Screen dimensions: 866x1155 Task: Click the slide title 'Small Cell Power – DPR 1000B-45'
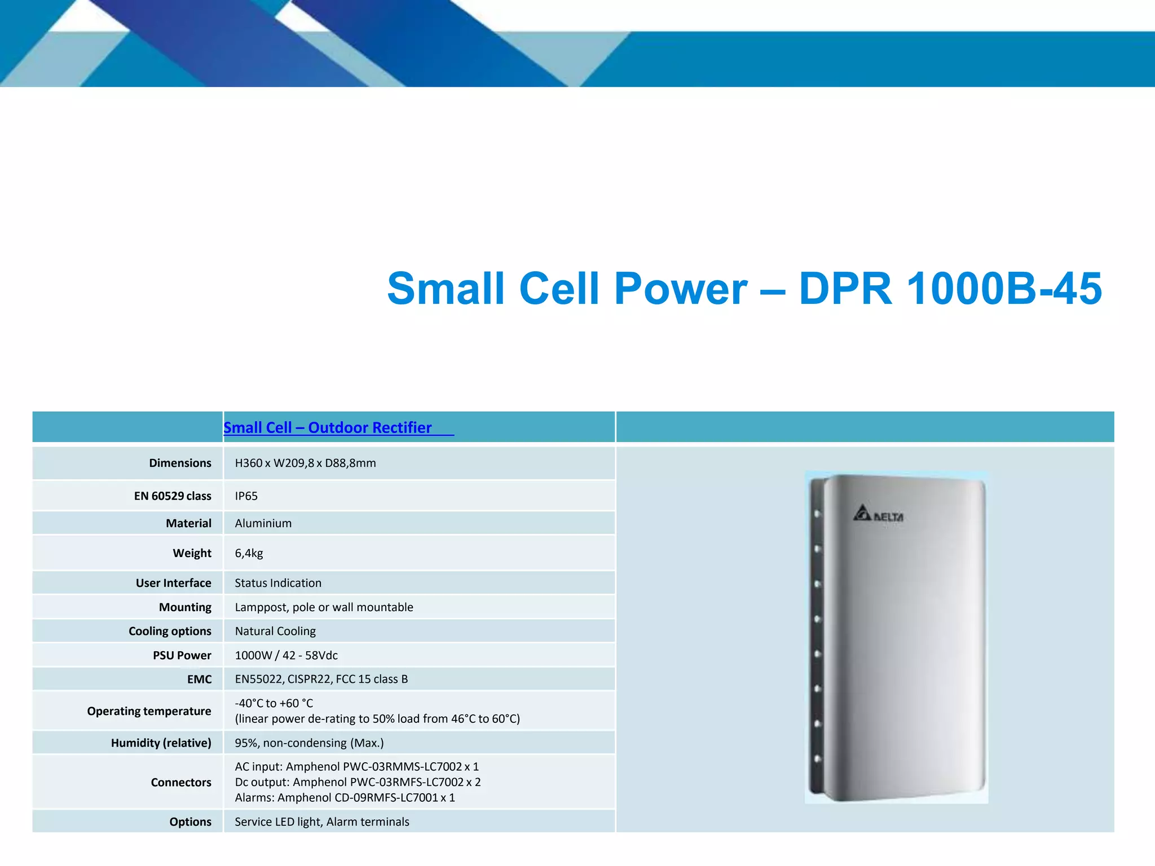click(x=744, y=289)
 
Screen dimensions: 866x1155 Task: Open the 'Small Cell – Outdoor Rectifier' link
click(x=328, y=428)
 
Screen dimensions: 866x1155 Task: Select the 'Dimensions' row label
click(x=180, y=463)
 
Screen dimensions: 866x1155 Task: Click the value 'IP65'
click(x=246, y=496)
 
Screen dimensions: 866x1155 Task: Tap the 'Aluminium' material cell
click(x=263, y=523)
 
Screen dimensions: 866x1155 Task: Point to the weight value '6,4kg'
click(x=249, y=553)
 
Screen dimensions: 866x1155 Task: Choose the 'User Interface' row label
click(x=173, y=583)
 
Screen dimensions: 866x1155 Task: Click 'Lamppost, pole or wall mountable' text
click(x=324, y=607)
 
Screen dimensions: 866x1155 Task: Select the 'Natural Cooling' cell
click(x=275, y=631)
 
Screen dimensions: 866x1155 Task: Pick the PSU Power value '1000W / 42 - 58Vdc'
click(x=286, y=655)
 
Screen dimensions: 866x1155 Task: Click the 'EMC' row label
click(x=199, y=679)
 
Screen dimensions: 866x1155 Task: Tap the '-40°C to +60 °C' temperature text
click(x=274, y=703)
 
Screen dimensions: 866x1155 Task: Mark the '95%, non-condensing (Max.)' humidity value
click(x=309, y=743)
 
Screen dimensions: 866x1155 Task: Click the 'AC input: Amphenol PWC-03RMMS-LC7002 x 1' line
click(x=356, y=767)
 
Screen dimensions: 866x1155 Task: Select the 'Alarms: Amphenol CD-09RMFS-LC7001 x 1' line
click(x=345, y=798)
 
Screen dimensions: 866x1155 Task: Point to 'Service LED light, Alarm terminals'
click(x=321, y=822)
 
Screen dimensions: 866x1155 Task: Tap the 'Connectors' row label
click(x=180, y=783)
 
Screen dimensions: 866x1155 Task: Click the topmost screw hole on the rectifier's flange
click(x=817, y=514)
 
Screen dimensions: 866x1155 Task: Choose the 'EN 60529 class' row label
click(x=172, y=496)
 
